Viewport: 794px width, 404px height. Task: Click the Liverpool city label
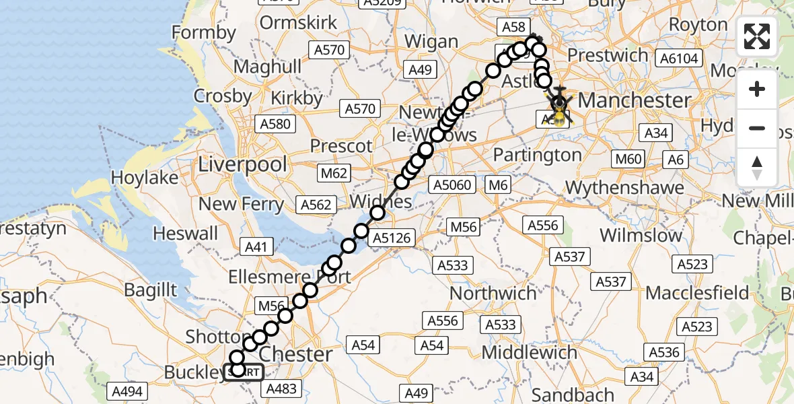[243, 164]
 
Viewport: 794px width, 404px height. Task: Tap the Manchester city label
[635, 101]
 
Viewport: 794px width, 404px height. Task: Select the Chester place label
[295, 354]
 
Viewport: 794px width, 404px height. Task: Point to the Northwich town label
[493, 294]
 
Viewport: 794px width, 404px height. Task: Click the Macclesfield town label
[697, 293]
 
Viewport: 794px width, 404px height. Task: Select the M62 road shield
[334, 174]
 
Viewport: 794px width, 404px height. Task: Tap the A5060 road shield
[454, 185]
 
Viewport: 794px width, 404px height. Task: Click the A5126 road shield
[394, 237]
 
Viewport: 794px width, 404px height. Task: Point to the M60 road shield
[627, 160]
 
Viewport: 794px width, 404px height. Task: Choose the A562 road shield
[316, 205]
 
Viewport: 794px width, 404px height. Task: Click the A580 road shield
[275, 124]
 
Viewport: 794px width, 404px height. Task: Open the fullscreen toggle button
[757, 36]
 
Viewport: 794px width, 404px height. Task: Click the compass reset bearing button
[757, 168]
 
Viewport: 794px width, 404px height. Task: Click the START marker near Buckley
[243, 372]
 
